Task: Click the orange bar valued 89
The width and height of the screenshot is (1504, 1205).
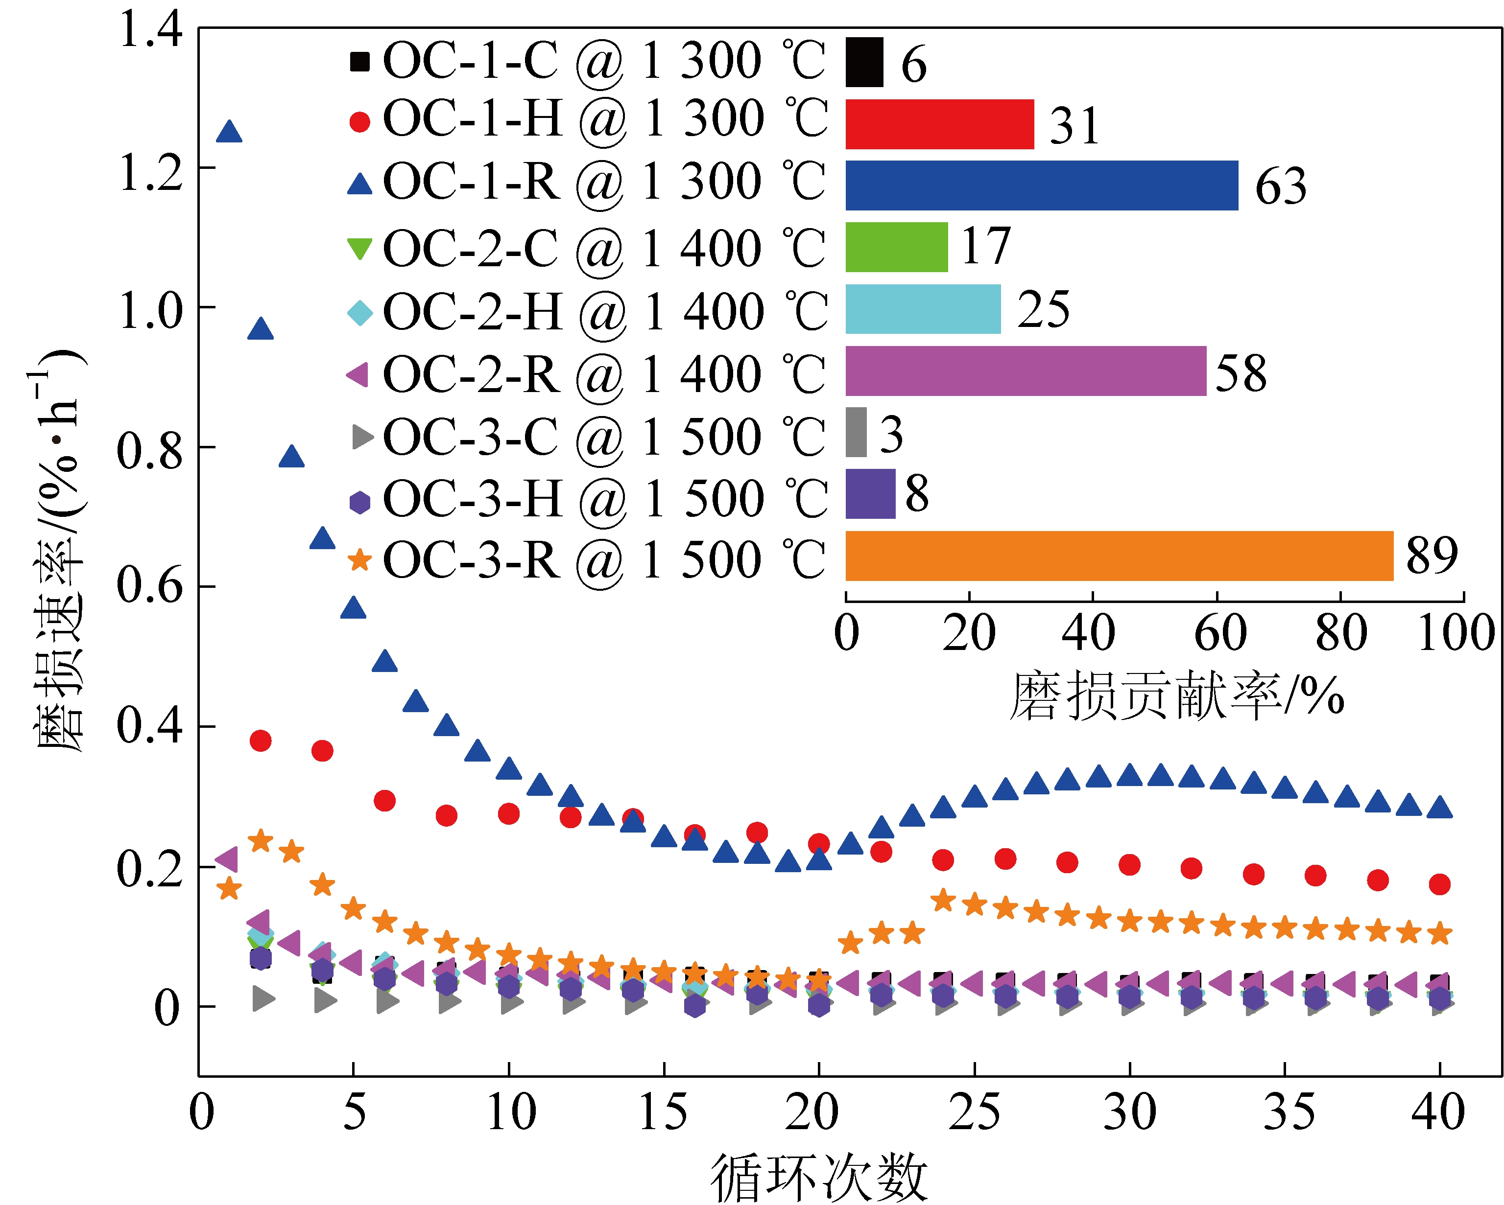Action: pos(1119,556)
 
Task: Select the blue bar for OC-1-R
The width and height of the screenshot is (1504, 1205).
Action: pos(1042,185)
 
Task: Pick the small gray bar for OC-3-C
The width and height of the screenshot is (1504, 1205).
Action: pos(856,432)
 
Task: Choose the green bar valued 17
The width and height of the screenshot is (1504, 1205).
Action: pos(896,247)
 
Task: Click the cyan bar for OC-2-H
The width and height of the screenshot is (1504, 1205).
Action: pos(923,309)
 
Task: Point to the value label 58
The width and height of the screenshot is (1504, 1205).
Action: pos(1241,373)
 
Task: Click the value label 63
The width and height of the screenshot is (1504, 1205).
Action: pos(1280,187)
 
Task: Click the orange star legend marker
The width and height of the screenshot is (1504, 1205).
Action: pos(359,560)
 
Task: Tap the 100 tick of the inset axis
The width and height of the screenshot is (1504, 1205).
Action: pos(1456,633)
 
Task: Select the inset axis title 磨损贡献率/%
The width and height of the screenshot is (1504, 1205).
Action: pos(1177,696)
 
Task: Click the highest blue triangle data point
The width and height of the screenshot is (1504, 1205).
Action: pos(229,132)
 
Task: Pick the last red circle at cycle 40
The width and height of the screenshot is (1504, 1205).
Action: pos(1439,884)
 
